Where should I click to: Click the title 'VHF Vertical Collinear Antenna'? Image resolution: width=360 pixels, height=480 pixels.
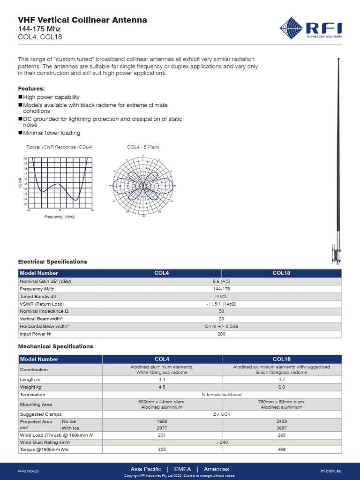82,20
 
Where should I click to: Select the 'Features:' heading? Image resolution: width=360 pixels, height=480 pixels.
31,88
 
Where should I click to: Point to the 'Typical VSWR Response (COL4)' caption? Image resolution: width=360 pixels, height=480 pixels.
59,147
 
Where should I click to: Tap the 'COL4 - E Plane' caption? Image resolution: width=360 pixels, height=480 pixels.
143,147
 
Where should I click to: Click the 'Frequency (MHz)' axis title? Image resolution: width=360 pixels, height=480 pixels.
60,217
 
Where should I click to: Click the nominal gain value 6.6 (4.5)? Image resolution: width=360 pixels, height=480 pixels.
221,281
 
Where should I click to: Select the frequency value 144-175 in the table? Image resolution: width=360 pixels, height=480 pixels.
221,289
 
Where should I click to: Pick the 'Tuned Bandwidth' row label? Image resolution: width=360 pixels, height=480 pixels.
38,297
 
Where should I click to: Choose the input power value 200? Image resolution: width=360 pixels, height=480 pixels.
221,334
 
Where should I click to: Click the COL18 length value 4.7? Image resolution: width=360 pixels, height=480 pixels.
281,380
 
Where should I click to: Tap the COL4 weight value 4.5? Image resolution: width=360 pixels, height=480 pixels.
161,387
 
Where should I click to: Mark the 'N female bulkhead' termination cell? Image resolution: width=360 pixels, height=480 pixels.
221,395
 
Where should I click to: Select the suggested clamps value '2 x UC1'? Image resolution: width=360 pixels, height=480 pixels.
221,414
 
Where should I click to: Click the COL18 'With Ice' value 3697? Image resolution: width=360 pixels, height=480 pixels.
281,428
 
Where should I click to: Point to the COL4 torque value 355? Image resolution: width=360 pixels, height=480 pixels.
161,450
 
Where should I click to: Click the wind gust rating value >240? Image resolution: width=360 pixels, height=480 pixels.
221,442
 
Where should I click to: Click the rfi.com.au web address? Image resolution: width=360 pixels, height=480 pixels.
331,470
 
